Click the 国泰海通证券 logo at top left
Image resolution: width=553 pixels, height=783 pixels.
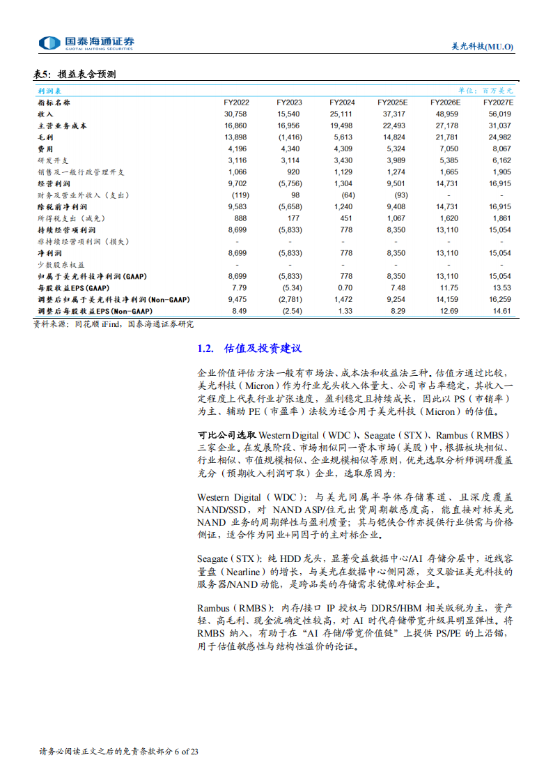pos(86,43)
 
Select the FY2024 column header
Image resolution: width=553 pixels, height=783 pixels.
pos(342,102)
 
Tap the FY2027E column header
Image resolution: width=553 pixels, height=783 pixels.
pos(497,102)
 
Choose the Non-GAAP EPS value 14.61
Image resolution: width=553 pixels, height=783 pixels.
pos(501,311)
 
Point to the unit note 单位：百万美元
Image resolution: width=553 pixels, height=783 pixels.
pos(485,91)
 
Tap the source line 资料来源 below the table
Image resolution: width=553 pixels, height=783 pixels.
pos(114,324)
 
